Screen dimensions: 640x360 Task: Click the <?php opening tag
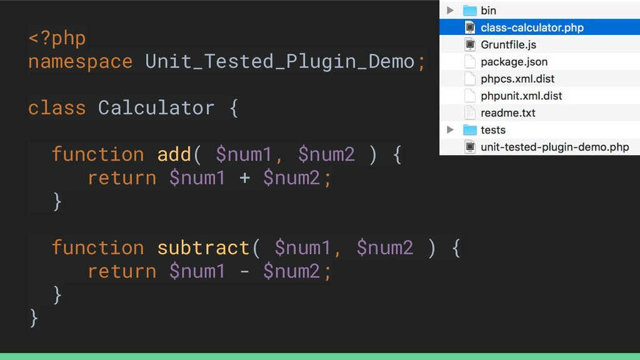[57, 39]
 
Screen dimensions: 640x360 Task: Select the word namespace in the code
[80, 62]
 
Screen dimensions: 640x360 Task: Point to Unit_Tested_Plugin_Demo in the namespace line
[279, 62]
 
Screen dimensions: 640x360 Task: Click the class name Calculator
[156, 108]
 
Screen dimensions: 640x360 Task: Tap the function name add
[174, 154]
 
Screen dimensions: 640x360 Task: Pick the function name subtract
[203, 248]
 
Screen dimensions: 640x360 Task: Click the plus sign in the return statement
[244, 178]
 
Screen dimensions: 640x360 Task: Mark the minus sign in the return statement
[244, 272]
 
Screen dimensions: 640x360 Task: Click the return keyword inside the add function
[122, 178]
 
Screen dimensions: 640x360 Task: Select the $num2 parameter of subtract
[384, 248]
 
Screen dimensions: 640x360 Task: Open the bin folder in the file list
[488, 11]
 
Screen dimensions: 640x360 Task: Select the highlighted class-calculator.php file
[531, 27]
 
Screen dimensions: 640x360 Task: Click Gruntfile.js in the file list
[508, 45]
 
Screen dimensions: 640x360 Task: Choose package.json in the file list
[514, 62]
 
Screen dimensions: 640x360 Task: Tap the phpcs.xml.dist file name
[517, 79]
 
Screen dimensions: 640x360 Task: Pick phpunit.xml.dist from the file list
[521, 96]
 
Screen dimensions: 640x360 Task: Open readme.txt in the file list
[507, 113]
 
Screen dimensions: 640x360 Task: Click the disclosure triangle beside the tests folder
[450, 130]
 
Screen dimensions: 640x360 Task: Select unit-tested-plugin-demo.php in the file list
[554, 147]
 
